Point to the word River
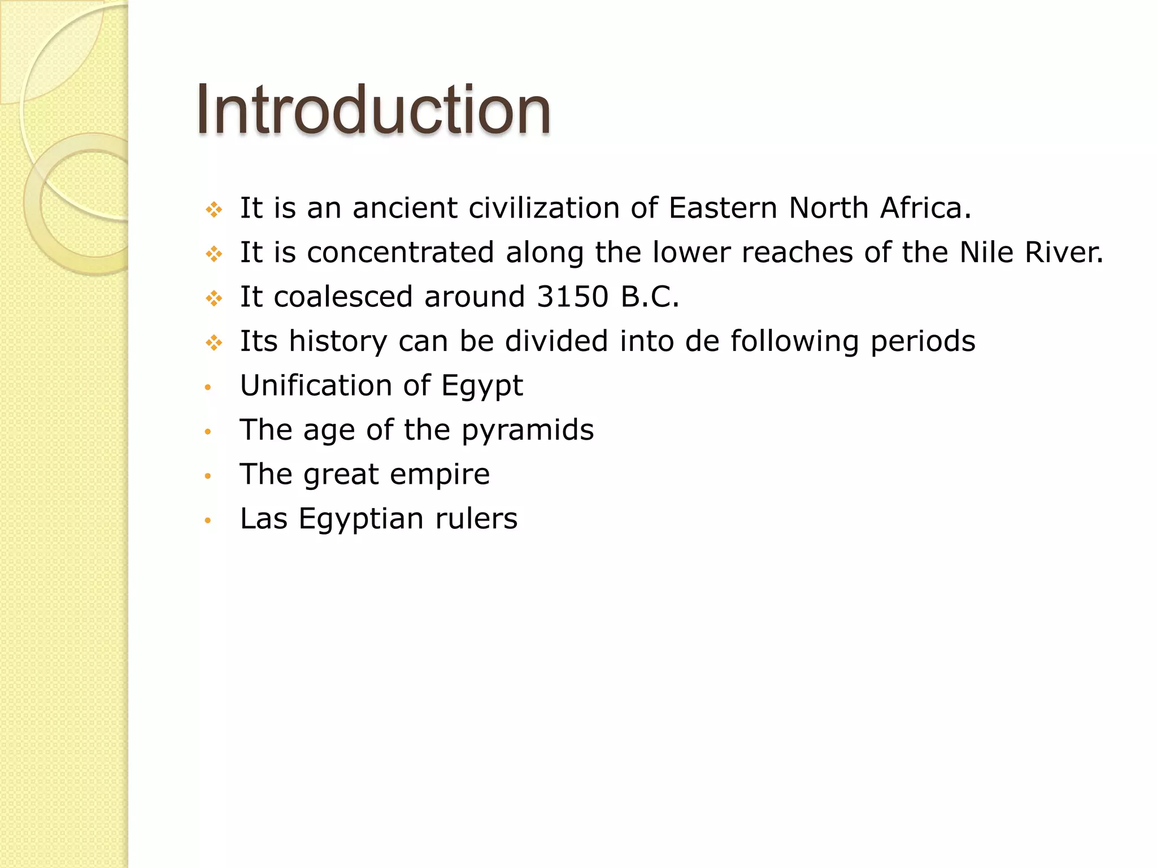coord(1063,252)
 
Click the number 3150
coord(572,297)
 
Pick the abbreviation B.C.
coord(650,297)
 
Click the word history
coord(338,341)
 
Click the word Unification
coord(315,385)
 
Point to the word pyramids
coord(528,431)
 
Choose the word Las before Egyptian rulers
coord(263,519)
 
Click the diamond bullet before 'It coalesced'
coord(214,298)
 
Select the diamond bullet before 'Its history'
coord(214,342)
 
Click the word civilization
coord(543,208)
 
